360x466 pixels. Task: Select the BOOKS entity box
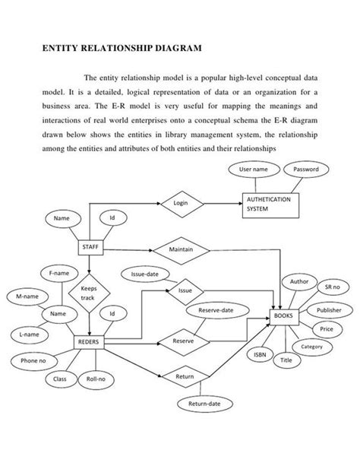pyautogui.click(x=284, y=315)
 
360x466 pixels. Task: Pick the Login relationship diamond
pyautogui.click(x=180, y=203)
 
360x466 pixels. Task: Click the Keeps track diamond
pyautogui.click(x=89, y=293)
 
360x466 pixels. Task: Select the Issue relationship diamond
pyautogui.click(x=185, y=290)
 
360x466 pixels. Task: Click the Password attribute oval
pyautogui.click(x=305, y=170)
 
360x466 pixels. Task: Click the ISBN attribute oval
pyautogui.click(x=259, y=354)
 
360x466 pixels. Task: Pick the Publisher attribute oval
pyautogui.click(x=328, y=311)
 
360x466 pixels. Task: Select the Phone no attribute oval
pyautogui.click(x=33, y=360)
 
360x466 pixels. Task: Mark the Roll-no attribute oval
pyautogui.click(x=96, y=378)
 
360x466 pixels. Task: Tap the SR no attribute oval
pyautogui.click(x=332, y=288)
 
